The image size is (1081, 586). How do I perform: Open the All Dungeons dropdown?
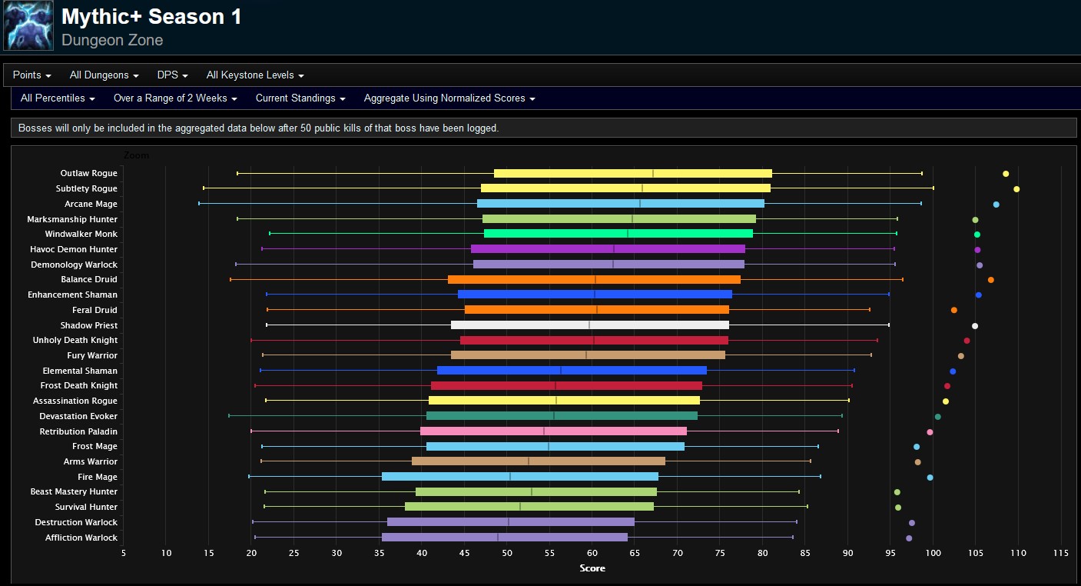pos(104,75)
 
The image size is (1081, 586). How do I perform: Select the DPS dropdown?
pos(172,75)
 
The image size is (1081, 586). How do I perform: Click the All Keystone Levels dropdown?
pos(255,75)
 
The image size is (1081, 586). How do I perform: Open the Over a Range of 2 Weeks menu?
pos(175,98)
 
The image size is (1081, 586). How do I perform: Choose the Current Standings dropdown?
pos(300,98)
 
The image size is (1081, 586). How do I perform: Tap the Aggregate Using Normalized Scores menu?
pos(449,98)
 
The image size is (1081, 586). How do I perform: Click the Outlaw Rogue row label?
pos(89,174)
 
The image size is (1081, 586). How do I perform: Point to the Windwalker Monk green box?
pos(618,234)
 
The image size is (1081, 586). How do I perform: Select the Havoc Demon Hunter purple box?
pos(608,249)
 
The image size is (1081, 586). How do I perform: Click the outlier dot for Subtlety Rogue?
pos(1016,189)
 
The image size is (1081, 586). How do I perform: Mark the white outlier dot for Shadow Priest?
pos(975,326)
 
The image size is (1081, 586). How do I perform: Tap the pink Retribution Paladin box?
pos(553,431)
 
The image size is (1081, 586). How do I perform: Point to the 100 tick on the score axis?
pos(933,553)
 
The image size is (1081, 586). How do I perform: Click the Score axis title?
pos(592,568)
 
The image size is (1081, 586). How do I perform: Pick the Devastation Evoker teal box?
pos(562,416)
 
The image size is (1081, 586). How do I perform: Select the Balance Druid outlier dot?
pos(991,280)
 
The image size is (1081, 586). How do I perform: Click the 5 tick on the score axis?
pos(124,553)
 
